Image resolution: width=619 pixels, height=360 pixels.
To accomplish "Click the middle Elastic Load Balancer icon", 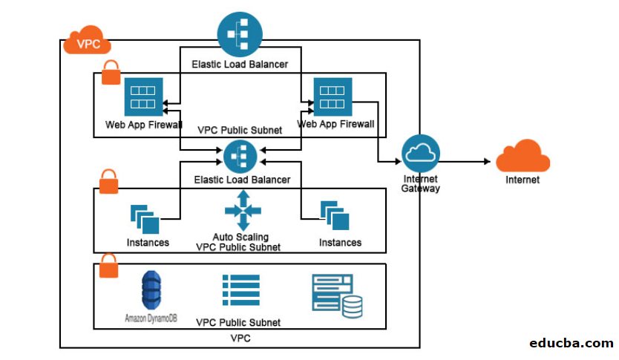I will click(240, 156).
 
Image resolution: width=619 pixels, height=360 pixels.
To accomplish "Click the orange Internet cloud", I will click(523, 157).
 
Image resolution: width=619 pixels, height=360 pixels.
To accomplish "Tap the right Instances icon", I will click(334, 215).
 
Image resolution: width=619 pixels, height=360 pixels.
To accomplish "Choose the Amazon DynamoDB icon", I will click(151, 291).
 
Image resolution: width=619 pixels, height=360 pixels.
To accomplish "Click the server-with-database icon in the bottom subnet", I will click(338, 296).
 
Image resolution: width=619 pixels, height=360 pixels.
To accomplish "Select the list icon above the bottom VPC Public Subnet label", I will click(240, 290).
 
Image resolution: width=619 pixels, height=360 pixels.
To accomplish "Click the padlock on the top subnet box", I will click(110, 73).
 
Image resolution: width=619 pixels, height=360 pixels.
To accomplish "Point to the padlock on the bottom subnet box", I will click(109, 265).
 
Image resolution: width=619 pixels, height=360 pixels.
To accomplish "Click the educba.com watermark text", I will click(571, 343).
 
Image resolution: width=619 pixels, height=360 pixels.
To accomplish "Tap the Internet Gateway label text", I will click(421, 183).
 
